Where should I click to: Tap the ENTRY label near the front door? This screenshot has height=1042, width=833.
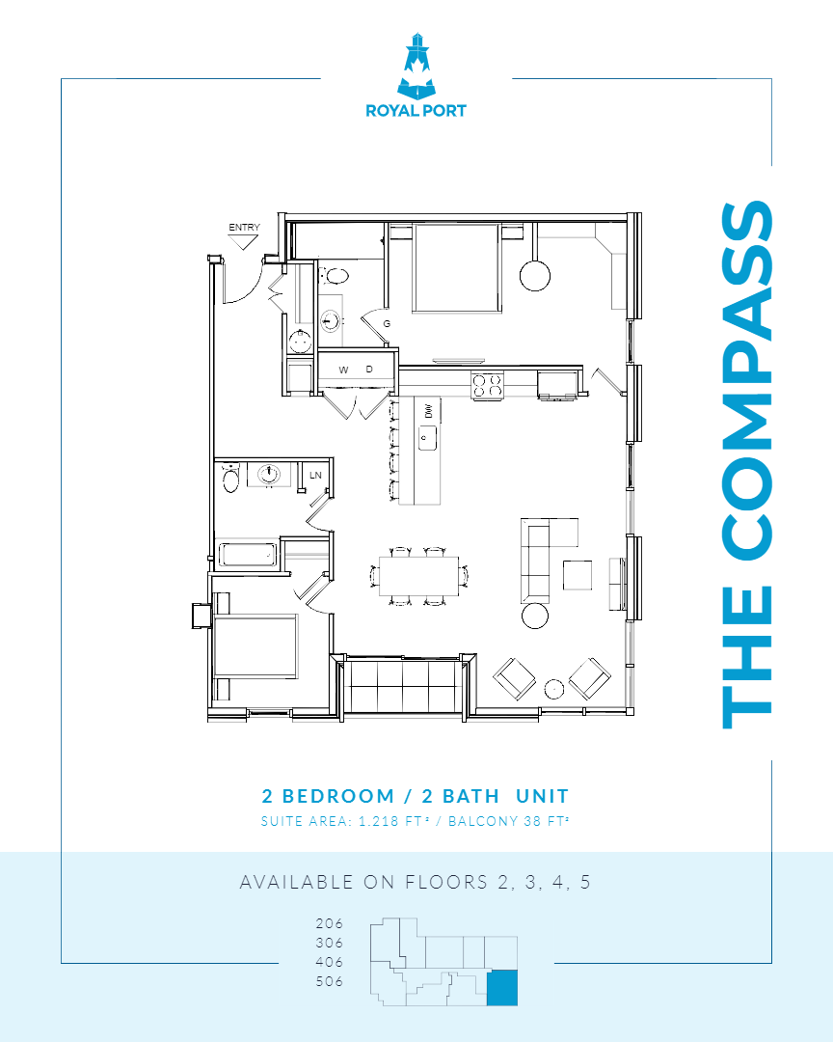point(244,228)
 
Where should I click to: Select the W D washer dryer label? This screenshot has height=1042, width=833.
point(356,370)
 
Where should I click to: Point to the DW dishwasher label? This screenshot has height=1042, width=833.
point(428,411)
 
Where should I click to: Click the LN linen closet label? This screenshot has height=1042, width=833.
point(314,475)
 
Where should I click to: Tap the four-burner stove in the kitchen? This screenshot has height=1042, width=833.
point(488,385)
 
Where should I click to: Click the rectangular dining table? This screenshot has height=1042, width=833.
point(418,575)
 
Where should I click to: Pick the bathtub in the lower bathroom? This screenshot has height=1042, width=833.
point(248,555)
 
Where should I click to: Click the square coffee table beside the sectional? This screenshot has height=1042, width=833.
point(578,574)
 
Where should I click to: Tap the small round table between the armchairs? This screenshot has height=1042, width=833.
point(554,689)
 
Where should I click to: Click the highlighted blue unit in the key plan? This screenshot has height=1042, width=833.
point(501,989)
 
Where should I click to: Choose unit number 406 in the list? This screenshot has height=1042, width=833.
point(329,962)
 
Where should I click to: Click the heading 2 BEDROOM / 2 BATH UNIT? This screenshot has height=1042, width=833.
point(416,796)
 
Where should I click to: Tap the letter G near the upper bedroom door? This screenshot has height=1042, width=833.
point(387,323)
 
